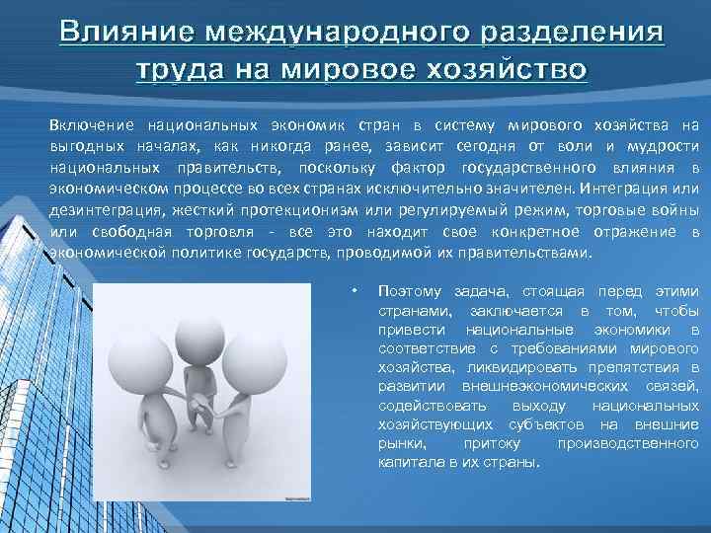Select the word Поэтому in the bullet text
pyautogui.click(x=408, y=291)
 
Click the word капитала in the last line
pyautogui.click(x=409, y=462)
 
